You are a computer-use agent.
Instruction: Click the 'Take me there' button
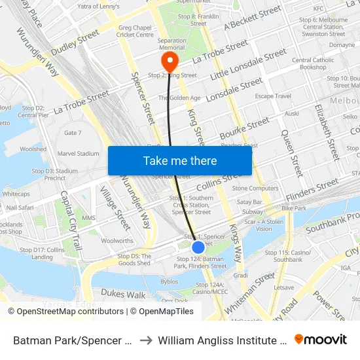pos(180,161)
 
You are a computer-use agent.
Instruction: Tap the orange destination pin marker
pos(170,62)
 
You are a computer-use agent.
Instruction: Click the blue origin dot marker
pos(198,247)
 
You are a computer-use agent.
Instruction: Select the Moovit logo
pos(320,340)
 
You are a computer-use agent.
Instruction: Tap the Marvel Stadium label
pos(79,154)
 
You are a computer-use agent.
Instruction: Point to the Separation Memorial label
pos(171,45)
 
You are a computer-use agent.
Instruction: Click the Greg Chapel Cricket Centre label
pos(135,31)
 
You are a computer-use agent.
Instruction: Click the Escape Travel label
pos(273,96)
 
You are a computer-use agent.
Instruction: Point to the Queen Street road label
pos(292,153)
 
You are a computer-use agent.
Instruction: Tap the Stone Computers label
pos(255,189)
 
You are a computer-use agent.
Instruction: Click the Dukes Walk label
pos(124,276)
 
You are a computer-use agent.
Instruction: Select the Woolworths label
pos(117,241)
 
